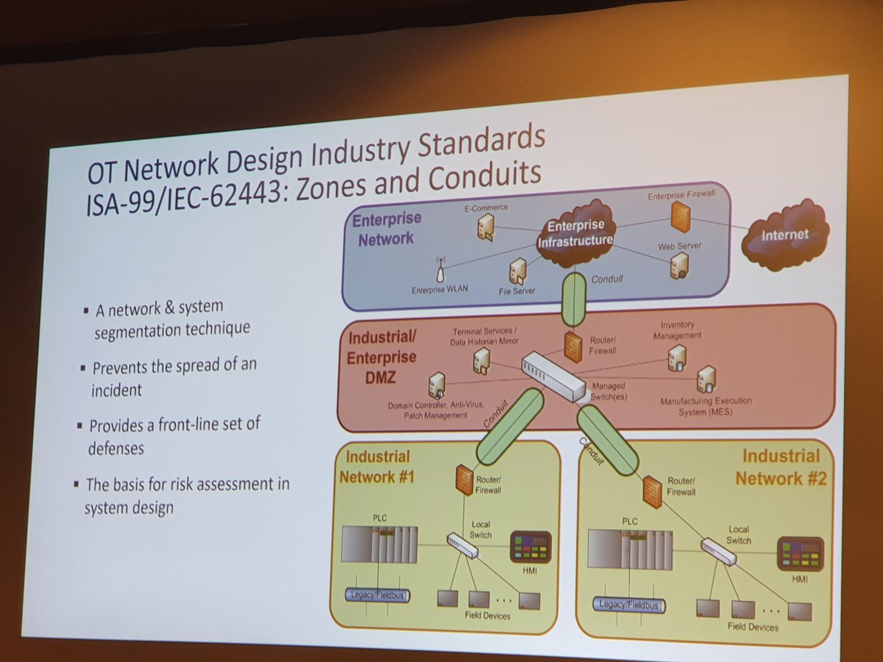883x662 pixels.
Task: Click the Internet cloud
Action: point(784,235)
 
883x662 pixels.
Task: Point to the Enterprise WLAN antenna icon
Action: point(441,270)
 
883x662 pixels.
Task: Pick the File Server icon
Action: point(518,271)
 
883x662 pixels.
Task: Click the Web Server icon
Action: point(678,265)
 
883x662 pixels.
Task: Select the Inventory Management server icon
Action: point(676,357)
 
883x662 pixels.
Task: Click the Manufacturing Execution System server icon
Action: point(706,379)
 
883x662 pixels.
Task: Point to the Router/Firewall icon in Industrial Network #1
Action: point(464,480)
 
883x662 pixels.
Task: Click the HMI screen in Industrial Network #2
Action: point(800,554)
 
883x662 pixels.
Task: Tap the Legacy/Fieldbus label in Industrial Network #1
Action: point(377,594)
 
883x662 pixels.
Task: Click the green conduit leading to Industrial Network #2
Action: point(607,441)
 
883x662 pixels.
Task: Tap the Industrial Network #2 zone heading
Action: point(781,468)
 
